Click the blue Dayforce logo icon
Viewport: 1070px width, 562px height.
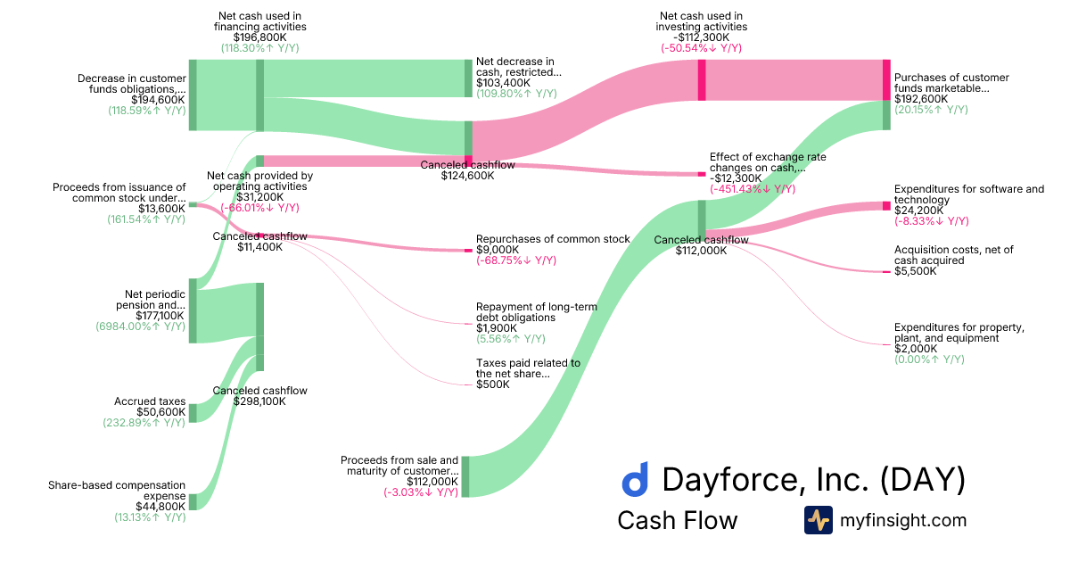click(635, 480)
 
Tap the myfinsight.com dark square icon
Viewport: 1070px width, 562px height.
click(818, 520)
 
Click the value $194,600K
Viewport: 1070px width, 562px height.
click(158, 100)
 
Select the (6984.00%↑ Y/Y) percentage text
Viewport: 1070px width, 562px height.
click(140, 327)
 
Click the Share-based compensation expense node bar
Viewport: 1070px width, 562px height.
click(193, 501)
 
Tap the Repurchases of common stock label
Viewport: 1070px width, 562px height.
click(553, 239)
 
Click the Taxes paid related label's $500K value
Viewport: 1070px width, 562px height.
click(492, 384)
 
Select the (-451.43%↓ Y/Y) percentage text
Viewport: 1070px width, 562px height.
click(753, 189)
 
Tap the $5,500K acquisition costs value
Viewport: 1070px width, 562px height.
click(916, 271)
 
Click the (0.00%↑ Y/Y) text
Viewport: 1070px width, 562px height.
click(929, 360)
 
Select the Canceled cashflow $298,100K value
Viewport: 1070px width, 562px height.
click(259, 401)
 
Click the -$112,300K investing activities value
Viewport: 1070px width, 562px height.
click(701, 37)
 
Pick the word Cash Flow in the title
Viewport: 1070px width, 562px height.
click(677, 520)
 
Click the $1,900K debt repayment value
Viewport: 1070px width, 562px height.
click(495, 328)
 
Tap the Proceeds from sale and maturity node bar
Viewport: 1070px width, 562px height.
click(465, 475)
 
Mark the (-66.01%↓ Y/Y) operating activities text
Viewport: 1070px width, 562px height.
click(259, 208)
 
